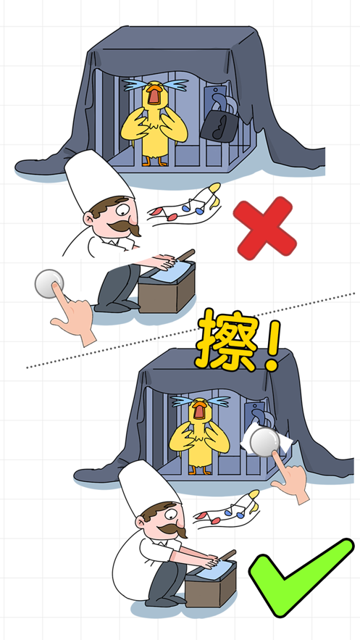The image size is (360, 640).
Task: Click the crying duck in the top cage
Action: pos(154,123)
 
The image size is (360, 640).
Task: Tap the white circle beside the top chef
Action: pos(49,284)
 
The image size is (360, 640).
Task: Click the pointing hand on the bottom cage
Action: pos(290,477)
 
